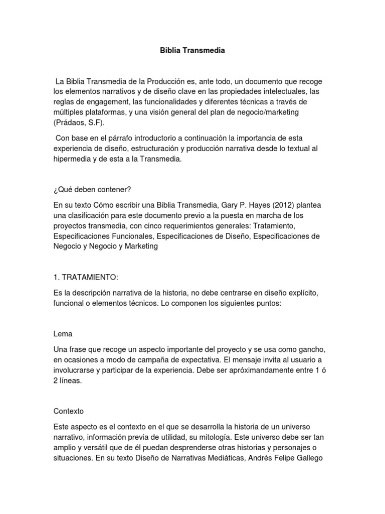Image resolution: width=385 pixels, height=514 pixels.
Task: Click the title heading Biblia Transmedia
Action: [192, 50]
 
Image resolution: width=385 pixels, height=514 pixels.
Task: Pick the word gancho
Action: [315, 348]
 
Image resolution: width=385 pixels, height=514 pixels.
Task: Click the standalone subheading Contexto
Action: [69, 410]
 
